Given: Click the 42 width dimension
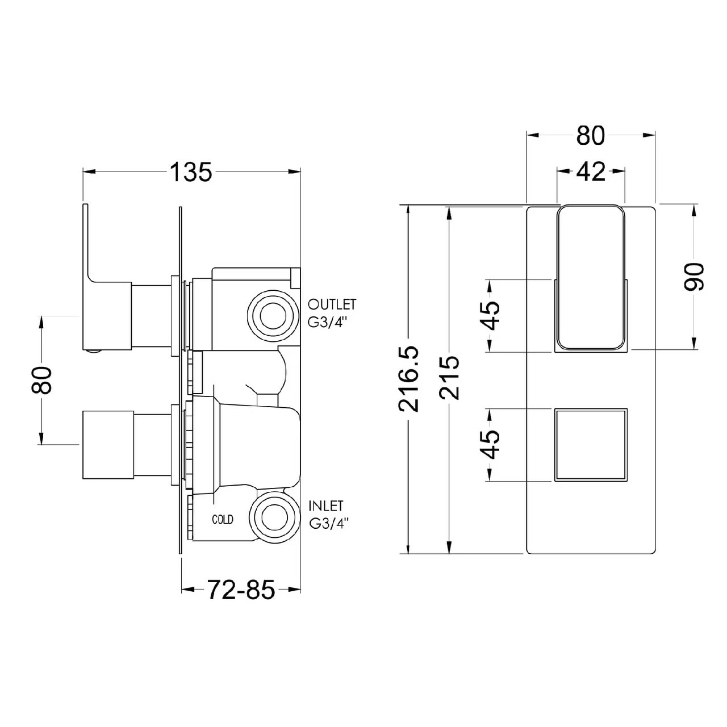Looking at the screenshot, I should [591, 171].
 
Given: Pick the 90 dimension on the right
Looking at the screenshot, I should [694, 276].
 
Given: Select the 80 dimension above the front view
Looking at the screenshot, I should [591, 136].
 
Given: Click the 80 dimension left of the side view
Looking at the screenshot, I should [42, 380].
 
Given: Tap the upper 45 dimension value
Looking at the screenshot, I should [490, 316].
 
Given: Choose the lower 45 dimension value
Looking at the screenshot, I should [490, 444].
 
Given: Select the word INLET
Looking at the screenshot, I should [326, 505].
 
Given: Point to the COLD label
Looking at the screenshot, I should [223, 519].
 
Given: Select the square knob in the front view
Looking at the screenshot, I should [591, 444].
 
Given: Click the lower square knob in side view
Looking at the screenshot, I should [107, 444].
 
